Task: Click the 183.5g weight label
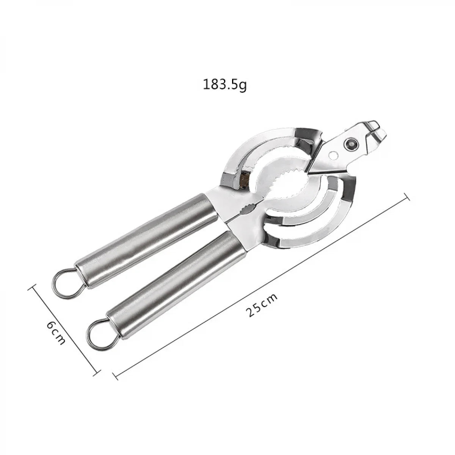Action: (x=225, y=84)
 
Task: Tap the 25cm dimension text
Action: (x=262, y=305)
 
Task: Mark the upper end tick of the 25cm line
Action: (x=407, y=197)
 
